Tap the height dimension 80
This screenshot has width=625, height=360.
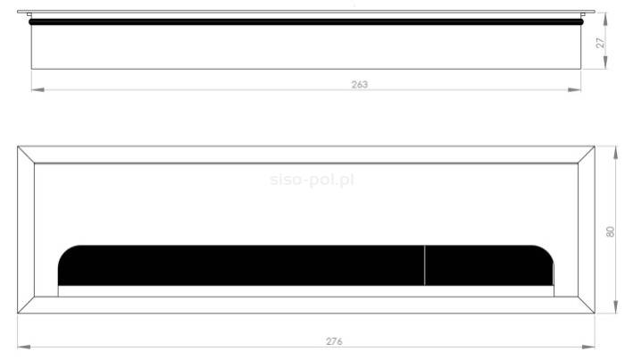pos(612,230)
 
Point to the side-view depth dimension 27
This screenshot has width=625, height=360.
pos(601,42)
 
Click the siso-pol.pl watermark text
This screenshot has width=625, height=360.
pos(312,180)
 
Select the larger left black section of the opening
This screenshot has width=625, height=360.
pos(241,265)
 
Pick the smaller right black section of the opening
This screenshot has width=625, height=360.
pos(487,265)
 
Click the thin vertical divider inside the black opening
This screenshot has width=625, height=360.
pos(425,265)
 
